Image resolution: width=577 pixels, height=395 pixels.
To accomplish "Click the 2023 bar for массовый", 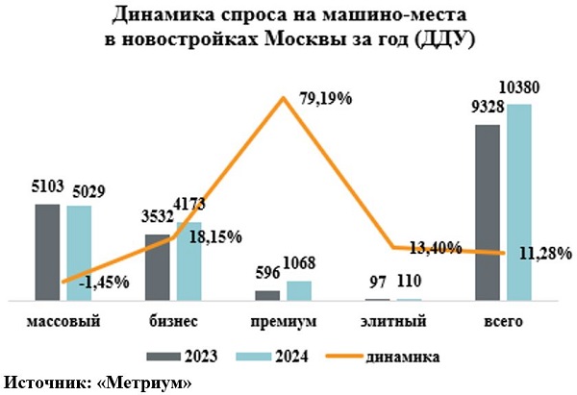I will tap(47, 252).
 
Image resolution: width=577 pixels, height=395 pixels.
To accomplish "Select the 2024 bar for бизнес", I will tap(189, 261).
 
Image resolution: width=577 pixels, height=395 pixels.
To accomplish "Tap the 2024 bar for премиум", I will tap(300, 290).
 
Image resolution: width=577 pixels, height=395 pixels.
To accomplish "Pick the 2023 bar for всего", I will tap(489, 211).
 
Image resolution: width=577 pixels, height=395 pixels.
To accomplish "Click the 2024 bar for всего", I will tap(519, 202).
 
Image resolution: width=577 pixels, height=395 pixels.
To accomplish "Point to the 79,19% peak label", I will tap(323, 98).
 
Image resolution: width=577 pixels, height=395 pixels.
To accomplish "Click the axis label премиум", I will tap(284, 320).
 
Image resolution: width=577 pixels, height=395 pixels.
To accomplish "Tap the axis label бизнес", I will tap(175, 320).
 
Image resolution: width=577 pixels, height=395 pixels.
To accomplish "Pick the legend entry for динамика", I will tap(401, 357).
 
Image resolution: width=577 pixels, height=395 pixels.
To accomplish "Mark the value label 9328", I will tap(488, 107).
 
